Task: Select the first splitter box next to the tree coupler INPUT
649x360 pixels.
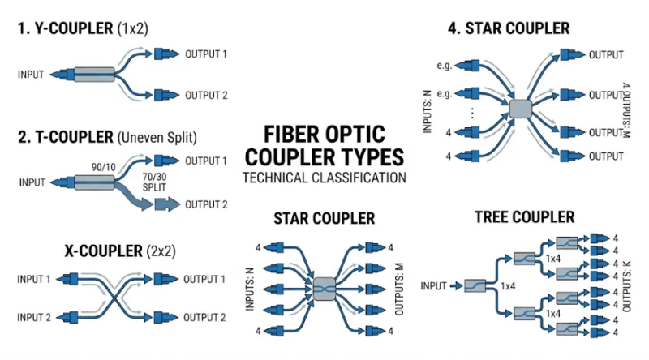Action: tap(475, 285)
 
